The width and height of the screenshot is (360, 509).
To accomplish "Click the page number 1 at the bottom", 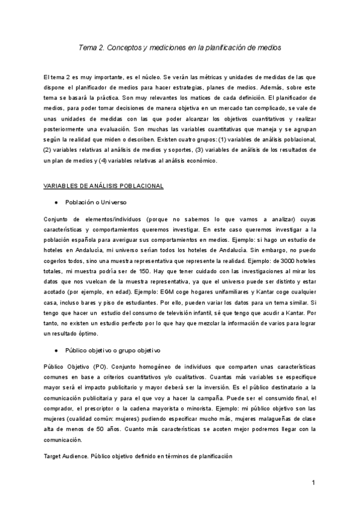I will coord(313,483).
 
